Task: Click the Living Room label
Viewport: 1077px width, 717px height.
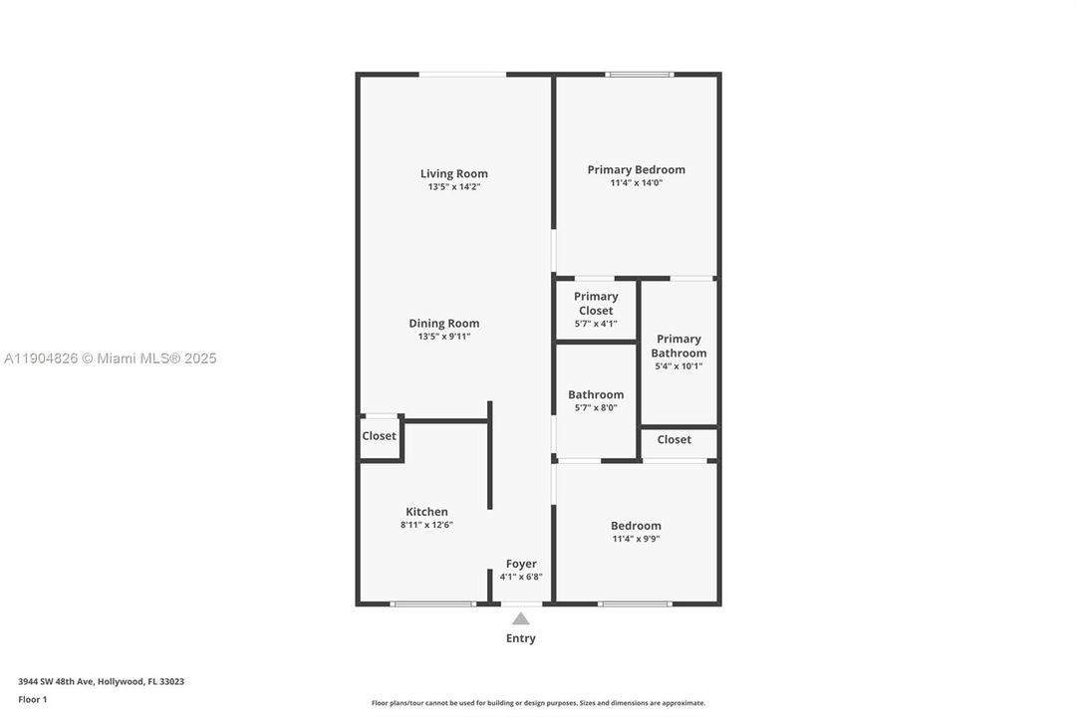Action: tap(453, 173)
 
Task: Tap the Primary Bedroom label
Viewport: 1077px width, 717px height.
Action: tap(636, 169)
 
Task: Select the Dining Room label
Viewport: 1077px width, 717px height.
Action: tap(443, 323)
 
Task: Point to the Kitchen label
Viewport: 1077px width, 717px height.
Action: tap(426, 512)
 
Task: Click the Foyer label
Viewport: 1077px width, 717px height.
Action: tap(521, 564)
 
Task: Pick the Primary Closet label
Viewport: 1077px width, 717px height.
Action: tap(596, 303)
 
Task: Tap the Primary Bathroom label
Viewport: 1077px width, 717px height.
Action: tap(678, 346)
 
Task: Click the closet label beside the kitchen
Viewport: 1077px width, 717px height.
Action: tap(379, 436)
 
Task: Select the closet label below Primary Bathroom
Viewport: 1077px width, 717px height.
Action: tap(673, 439)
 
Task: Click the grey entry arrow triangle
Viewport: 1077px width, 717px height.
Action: tap(521, 619)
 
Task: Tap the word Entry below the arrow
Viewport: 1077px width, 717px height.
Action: tap(521, 638)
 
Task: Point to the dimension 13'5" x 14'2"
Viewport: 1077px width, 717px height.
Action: tap(453, 187)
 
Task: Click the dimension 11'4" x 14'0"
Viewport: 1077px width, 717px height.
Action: tap(636, 183)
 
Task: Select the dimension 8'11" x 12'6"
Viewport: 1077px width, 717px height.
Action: tap(426, 525)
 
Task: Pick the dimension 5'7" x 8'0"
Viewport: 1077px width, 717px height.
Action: tap(596, 407)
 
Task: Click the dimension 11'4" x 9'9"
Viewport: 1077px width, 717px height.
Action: tap(636, 539)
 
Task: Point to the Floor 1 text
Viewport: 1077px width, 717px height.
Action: tap(32, 700)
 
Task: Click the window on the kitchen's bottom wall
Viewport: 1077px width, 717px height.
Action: tap(432, 603)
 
